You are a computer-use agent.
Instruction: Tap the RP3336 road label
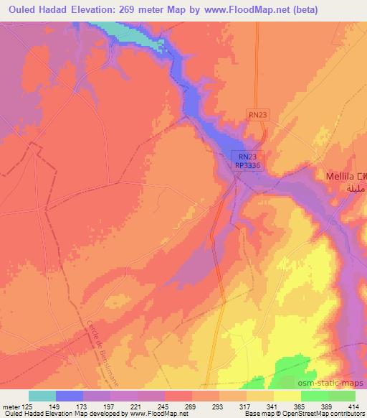(247, 165)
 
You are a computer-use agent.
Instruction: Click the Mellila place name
(340, 175)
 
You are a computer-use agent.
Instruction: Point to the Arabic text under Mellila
(356, 188)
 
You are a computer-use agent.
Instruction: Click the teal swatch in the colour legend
(42, 395)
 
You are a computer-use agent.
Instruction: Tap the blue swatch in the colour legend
(70, 395)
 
